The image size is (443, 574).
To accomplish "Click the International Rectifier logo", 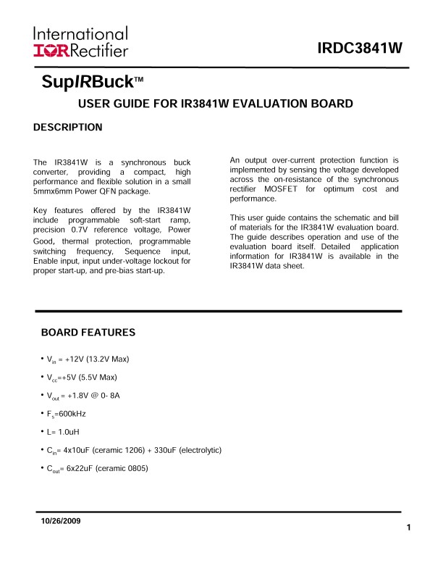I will [80, 42].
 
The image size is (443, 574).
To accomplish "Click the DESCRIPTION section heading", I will [68, 128].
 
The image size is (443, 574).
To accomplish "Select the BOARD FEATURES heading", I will [88, 333].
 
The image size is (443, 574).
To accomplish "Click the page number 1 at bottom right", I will [409, 527].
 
